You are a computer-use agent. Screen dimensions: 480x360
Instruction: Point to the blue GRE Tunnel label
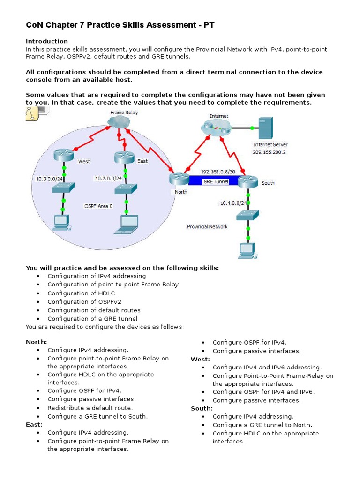click(x=215, y=182)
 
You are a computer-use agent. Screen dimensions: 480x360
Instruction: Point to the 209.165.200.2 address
click(x=270, y=152)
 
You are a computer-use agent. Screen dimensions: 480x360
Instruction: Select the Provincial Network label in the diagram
click(x=207, y=227)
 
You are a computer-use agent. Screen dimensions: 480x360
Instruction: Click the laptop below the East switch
click(x=129, y=224)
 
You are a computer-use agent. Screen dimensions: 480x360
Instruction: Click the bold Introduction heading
click(x=47, y=41)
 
